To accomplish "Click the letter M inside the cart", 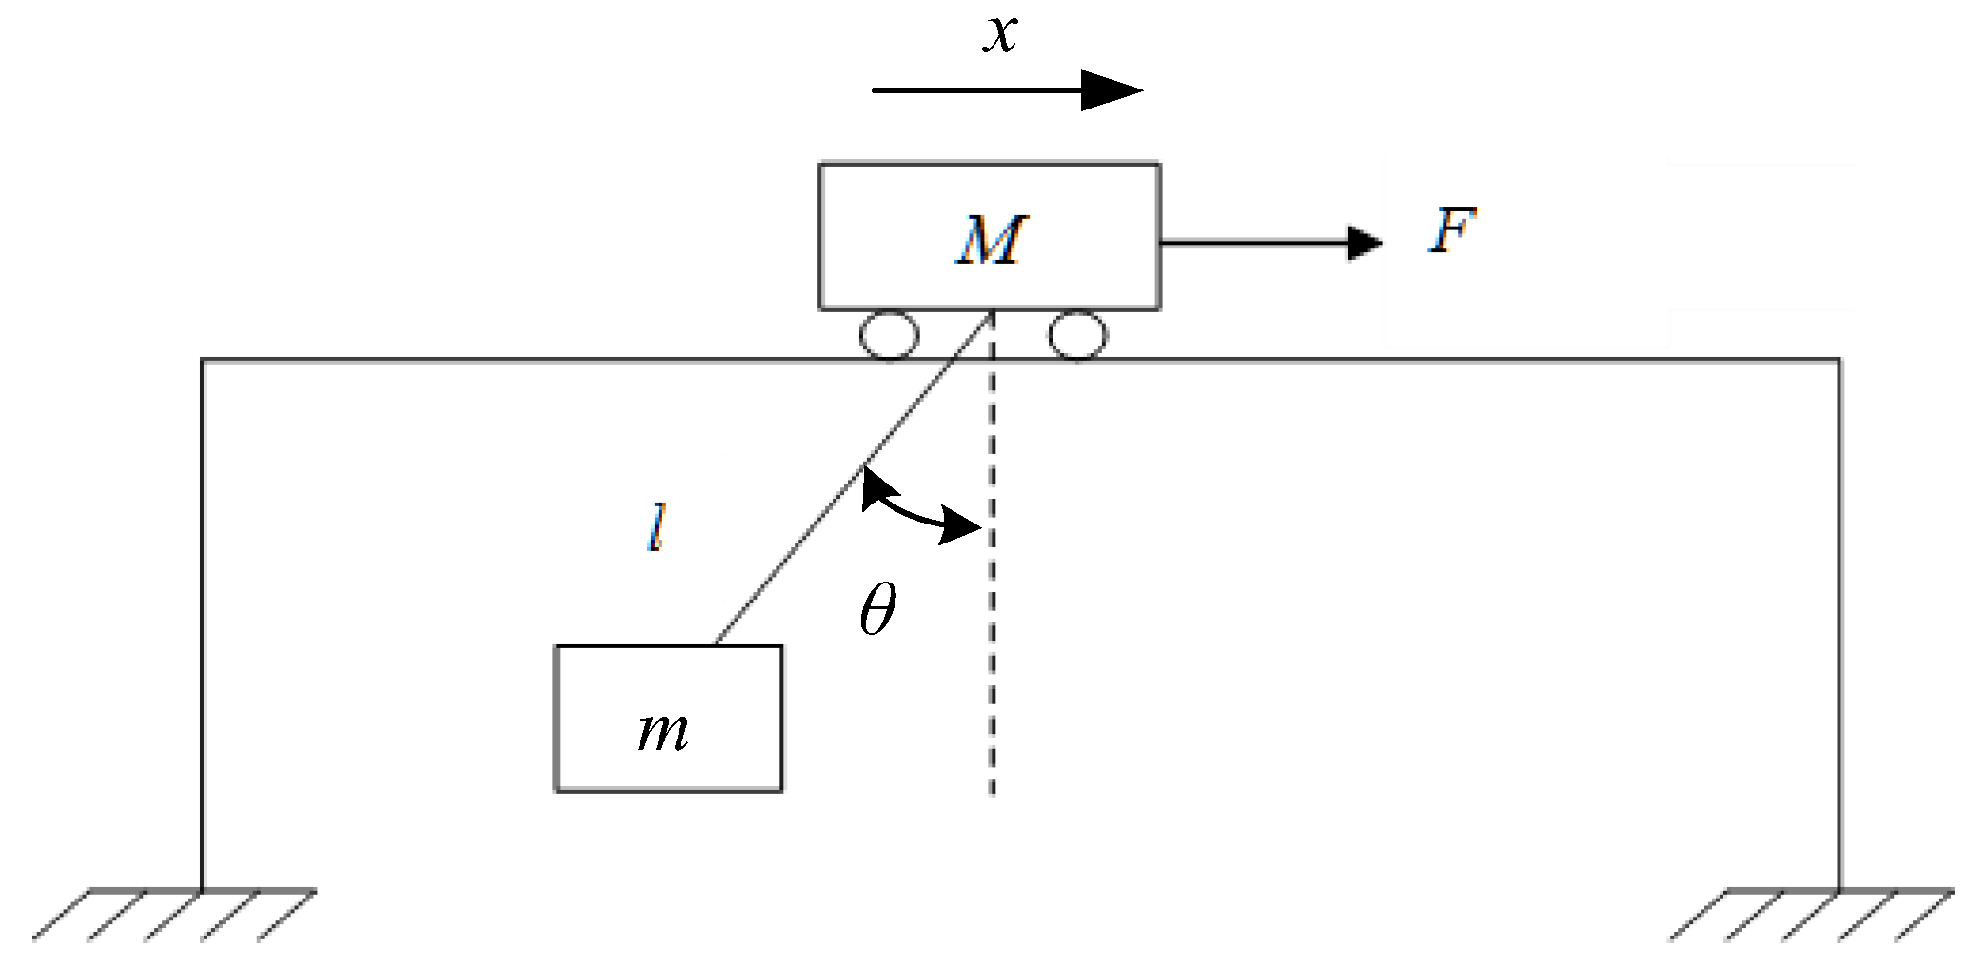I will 990,240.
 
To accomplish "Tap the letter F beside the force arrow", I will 1451,231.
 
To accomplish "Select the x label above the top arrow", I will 1000,34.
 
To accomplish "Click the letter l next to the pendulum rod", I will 655,529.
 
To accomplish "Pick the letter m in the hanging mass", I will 663,731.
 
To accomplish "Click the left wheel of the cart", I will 889,336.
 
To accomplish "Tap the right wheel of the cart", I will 1077,336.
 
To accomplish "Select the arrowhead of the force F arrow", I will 1366,243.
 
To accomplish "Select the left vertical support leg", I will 202,619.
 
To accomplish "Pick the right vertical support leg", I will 1839,619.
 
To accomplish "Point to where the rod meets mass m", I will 716,644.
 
